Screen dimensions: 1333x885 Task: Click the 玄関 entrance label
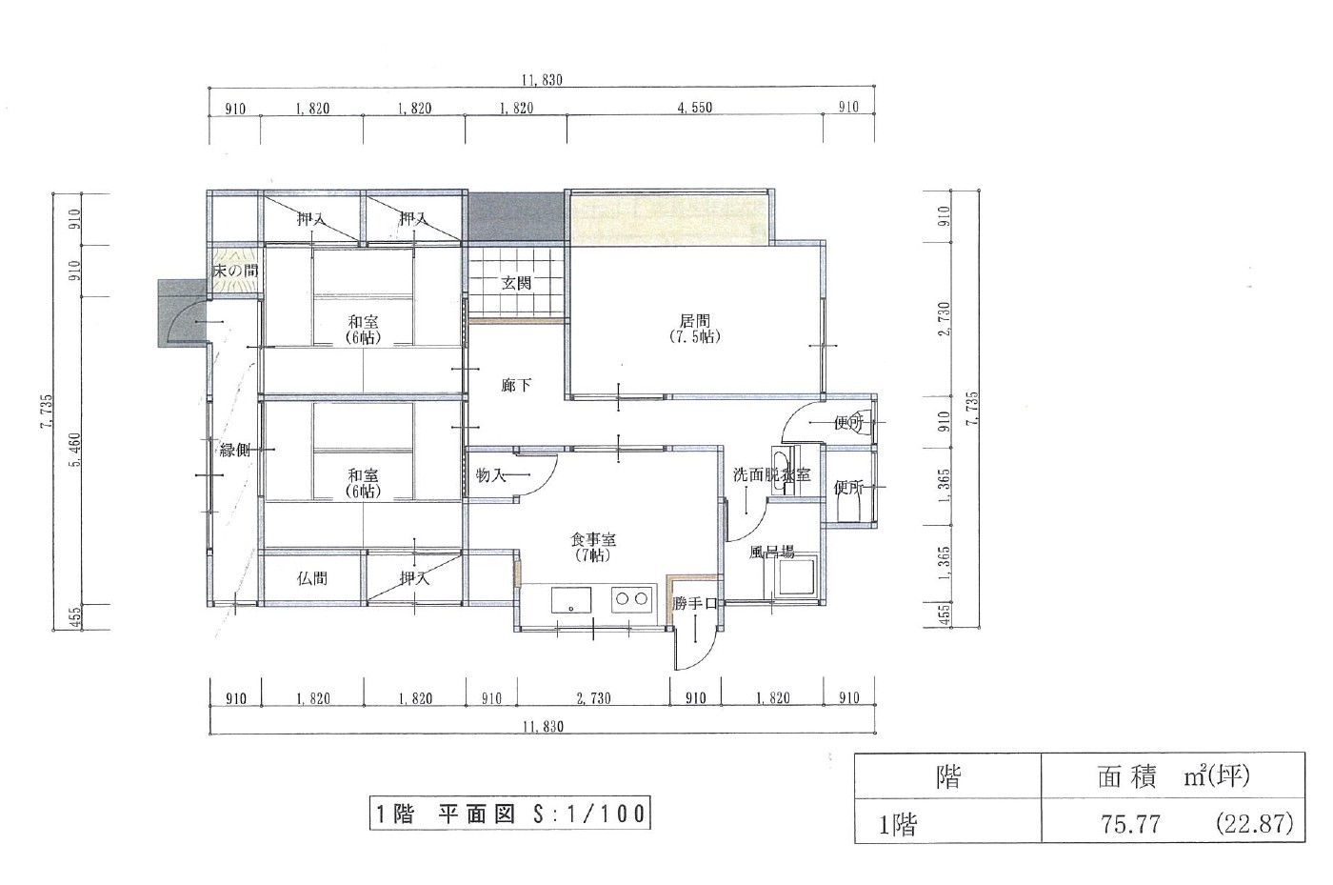516,284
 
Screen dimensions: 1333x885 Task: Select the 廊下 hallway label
516,385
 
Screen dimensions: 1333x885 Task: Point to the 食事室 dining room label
593,548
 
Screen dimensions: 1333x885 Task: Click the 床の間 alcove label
236,271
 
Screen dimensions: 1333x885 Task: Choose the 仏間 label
312,578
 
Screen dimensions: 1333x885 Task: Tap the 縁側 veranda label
235,451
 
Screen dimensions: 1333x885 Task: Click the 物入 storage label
490,475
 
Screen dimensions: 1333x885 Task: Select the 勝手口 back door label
695,603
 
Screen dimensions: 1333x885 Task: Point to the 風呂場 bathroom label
771,553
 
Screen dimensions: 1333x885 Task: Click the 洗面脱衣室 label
772,474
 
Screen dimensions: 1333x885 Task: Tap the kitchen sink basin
571,600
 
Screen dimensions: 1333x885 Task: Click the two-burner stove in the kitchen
632,599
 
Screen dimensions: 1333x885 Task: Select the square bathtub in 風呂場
798,577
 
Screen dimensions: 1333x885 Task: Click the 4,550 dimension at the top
694,108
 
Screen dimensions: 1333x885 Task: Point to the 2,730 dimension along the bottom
593,698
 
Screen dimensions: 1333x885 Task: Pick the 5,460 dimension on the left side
76,451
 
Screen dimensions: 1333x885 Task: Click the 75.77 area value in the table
1130,824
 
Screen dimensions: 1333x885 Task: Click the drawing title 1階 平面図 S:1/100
510,813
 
